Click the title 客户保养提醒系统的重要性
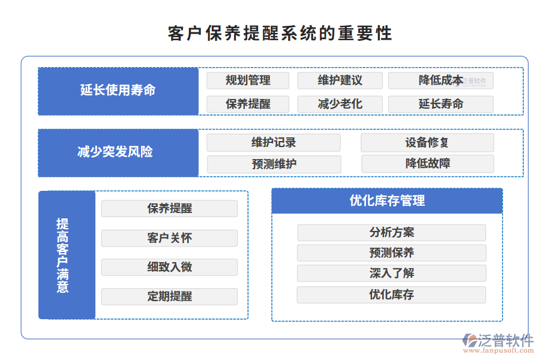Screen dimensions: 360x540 pyautogui.click(x=280, y=33)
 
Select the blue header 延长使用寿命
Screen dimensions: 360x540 pyautogui.click(x=118, y=91)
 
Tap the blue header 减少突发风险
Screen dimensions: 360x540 pyautogui.click(x=118, y=152)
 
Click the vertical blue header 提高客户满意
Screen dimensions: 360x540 pyautogui.click(x=67, y=255)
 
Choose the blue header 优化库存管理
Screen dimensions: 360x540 pyautogui.click(x=387, y=201)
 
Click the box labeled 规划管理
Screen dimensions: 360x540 pyautogui.click(x=248, y=80)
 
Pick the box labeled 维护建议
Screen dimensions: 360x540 pyautogui.click(x=340, y=80)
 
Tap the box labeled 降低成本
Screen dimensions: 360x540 pyautogui.click(x=440, y=80)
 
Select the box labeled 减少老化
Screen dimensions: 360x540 pyautogui.click(x=340, y=104)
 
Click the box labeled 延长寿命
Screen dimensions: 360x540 pyautogui.click(x=440, y=104)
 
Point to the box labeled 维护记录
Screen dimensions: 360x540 pyautogui.click(x=274, y=143)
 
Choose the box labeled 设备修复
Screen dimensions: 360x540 pyautogui.click(x=427, y=143)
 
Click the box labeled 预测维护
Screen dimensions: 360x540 pyautogui.click(x=274, y=164)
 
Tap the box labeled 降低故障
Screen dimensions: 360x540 pyautogui.click(x=427, y=163)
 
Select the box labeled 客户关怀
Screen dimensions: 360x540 pyautogui.click(x=169, y=238)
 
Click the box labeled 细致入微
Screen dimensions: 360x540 pyautogui.click(x=169, y=267)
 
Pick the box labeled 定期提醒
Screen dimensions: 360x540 pyautogui.click(x=169, y=296)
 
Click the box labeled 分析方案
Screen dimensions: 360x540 pyautogui.click(x=391, y=232)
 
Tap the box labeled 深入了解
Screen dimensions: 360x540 pyautogui.click(x=391, y=273)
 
